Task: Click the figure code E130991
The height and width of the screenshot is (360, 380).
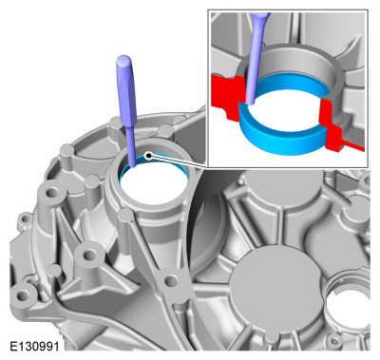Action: (34, 346)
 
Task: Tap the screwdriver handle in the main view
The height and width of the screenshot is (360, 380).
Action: (126, 91)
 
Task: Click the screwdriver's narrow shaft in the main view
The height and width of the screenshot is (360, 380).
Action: (132, 146)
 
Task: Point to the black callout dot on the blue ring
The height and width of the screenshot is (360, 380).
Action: (148, 155)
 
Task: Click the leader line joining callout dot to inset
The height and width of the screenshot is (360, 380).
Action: (179, 161)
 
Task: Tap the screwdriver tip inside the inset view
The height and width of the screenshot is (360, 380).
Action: (250, 103)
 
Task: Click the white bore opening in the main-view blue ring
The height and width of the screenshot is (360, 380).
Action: (154, 184)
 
